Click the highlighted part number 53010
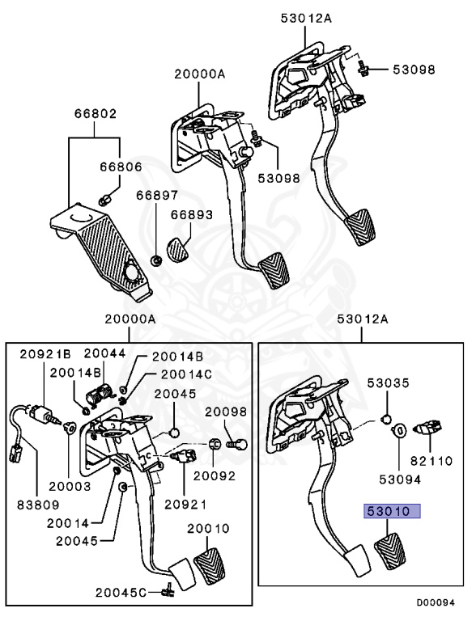(x=392, y=511)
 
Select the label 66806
(x=121, y=167)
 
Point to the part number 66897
(x=157, y=196)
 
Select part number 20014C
(x=186, y=374)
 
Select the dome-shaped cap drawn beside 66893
(x=176, y=248)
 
